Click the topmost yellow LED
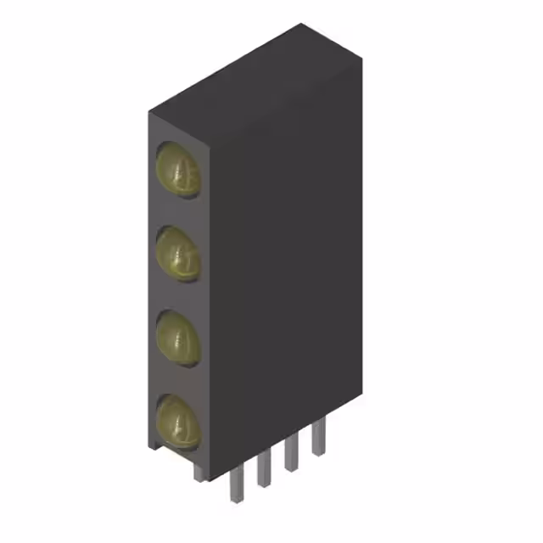pos(178,169)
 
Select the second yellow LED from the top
pos(178,253)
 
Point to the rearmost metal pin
pos(318,437)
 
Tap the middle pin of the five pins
pos(264,467)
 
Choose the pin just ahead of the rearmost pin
pos(291,452)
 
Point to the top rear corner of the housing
pos(301,25)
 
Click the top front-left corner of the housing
pos(149,113)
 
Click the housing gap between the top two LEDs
pos(176,211)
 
